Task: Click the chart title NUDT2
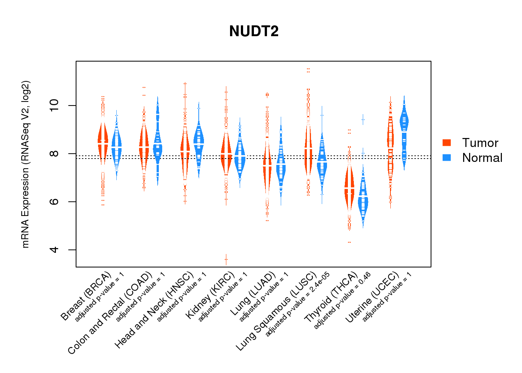click(x=254, y=31)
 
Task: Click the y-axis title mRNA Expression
click(x=25, y=164)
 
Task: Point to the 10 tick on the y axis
click(x=54, y=106)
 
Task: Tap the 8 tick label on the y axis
click(x=54, y=154)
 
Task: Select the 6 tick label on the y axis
click(x=54, y=202)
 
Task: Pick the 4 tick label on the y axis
click(x=54, y=250)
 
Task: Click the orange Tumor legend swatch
click(x=446, y=142)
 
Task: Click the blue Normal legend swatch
click(x=446, y=157)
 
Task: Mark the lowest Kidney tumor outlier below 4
click(x=226, y=259)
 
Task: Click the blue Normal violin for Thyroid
click(x=363, y=201)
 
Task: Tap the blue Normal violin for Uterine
click(x=404, y=123)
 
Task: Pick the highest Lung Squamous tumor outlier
click(x=308, y=69)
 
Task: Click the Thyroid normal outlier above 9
click(x=363, y=120)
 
